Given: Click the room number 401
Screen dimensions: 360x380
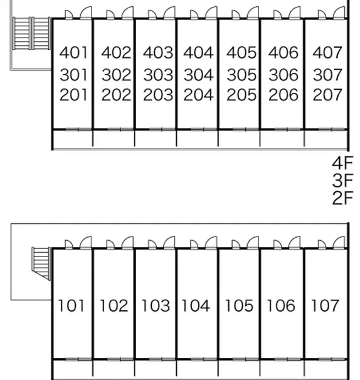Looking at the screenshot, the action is point(73,53).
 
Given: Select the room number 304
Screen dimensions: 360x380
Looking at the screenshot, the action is point(199,75).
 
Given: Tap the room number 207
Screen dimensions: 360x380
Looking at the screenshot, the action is point(327,95).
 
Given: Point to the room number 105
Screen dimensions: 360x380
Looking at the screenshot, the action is point(240,305).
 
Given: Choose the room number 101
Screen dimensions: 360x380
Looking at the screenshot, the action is point(71,305).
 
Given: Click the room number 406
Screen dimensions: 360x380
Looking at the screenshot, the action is point(283,53).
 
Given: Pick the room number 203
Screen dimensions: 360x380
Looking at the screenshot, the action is point(158,95).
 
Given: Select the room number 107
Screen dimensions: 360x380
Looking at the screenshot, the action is point(325,305).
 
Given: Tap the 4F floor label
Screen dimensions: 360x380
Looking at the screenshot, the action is point(342,163).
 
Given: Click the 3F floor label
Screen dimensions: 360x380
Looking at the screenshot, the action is point(342,181).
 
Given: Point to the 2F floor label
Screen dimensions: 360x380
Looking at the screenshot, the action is point(342,198).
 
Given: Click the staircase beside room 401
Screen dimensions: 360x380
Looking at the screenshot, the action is point(31,33).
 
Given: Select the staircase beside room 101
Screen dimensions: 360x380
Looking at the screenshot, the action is point(41,263).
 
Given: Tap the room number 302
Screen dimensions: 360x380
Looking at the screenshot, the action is point(117,75).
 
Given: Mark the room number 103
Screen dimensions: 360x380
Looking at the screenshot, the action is point(156,305).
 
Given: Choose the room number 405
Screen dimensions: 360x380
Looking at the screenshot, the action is point(241,53).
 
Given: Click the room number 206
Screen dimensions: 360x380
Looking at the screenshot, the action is point(283,95).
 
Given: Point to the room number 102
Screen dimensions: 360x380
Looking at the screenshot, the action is point(114,305).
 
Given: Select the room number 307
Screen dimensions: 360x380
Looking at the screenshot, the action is point(327,75).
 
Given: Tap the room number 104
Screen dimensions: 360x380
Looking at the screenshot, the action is point(196,305).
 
